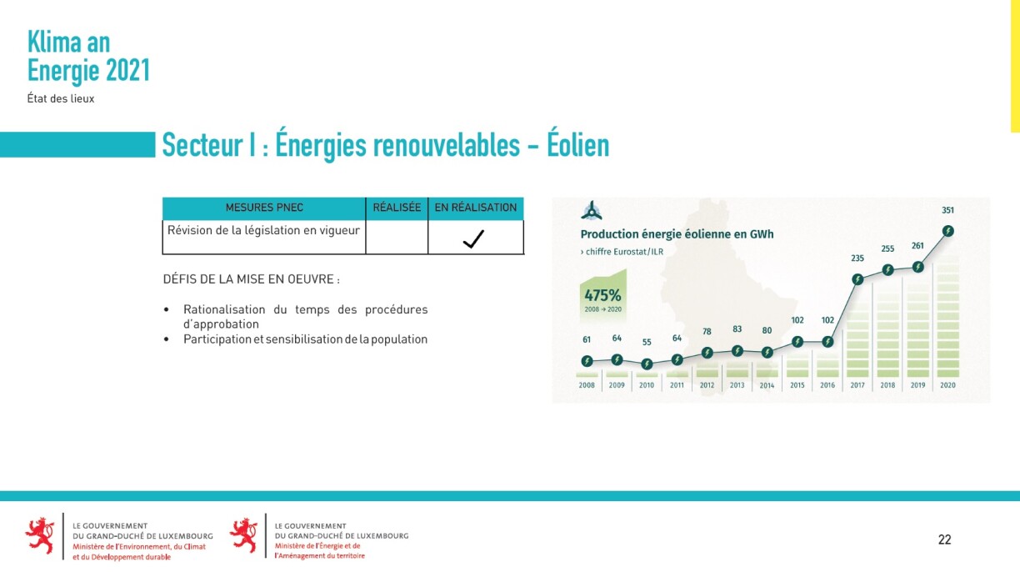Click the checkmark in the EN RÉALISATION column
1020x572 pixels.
click(473, 238)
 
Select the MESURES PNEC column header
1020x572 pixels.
click(264, 208)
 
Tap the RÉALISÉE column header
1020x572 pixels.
click(397, 208)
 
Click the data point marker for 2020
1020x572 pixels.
click(948, 231)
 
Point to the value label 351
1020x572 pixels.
click(947, 210)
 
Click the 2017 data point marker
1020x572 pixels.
click(857, 279)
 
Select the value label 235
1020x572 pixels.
click(857, 258)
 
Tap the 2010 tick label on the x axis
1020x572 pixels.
click(647, 385)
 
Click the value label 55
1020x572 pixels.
click(647, 342)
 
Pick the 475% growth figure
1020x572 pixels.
click(602, 295)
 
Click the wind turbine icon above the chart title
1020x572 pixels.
click(592, 211)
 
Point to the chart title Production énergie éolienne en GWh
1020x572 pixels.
click(677, 234)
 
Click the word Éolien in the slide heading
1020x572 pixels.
click(577, 145)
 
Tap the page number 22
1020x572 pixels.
click(944, 539)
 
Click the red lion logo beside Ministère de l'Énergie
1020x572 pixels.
click(243, 535)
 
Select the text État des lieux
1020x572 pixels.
click(61, 98)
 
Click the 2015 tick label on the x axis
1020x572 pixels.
click(797, 385)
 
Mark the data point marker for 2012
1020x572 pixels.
click(707, 353)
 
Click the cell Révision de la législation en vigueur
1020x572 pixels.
click(263, 230)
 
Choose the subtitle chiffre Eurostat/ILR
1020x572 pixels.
click(622, 252)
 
